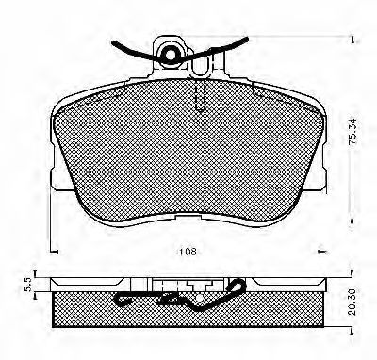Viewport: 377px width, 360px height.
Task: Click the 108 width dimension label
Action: (x=188, y=252)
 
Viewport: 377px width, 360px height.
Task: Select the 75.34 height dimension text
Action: (x=352, y=131)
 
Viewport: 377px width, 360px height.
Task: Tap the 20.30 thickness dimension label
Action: (x=352, y=303)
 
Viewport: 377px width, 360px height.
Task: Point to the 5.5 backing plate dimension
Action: (x=27, y=284)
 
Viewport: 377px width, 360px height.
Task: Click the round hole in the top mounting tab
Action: (x=171, y=55)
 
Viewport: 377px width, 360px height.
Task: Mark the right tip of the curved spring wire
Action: (x=246, y=40)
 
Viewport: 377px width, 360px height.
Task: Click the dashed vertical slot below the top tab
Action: (x=201, y=95)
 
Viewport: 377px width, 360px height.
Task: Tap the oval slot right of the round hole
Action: (x=199, y=65)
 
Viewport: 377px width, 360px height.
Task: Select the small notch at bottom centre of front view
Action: (x=188, y=217)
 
